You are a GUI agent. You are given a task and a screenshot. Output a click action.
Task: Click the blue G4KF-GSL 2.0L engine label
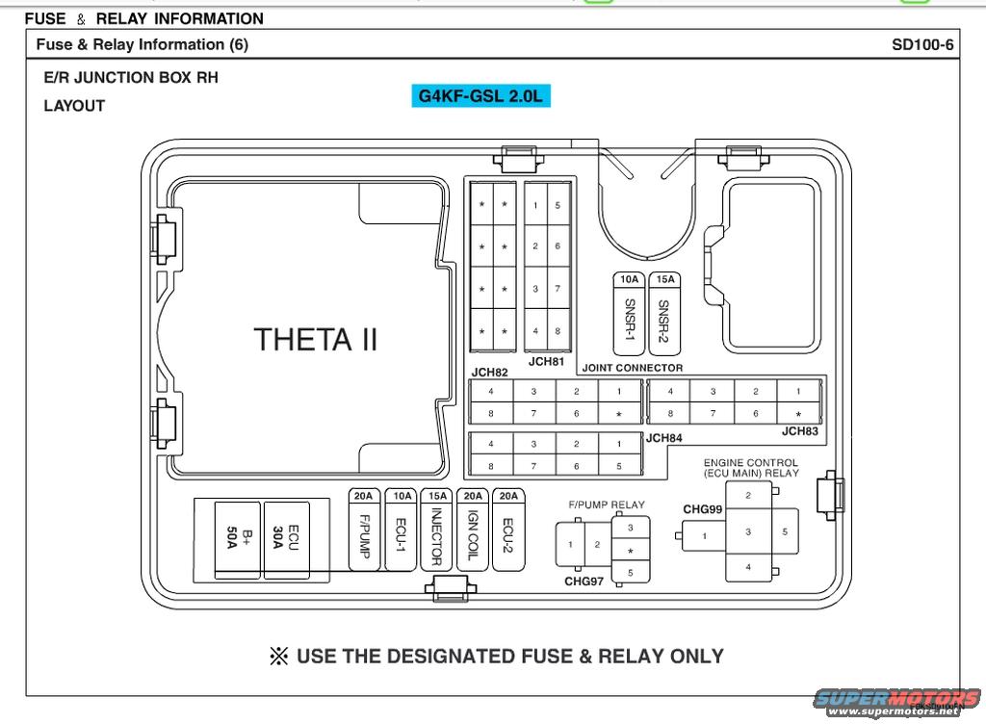[x=480, y=95]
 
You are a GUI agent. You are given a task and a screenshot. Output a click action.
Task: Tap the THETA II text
[x=316, y=339]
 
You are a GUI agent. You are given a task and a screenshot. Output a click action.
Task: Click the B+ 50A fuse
[x=236, y=539]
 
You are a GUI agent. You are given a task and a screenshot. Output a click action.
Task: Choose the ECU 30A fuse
[x=286, y=539]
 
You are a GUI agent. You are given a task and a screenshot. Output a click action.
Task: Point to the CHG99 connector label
[x=702, y=508]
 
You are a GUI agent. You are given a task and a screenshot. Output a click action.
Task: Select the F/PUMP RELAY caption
[x=607, y=504]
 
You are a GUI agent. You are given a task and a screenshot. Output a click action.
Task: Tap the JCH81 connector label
[x=546, y=362]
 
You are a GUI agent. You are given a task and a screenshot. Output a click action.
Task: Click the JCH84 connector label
[x=663, y=438]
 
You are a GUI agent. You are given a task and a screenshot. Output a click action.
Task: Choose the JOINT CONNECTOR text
[x=633, y=368]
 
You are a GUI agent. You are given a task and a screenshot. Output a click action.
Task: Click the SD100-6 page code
[x=922, y=44]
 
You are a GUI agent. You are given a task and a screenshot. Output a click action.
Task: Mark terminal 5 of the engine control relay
[x=785, y=531]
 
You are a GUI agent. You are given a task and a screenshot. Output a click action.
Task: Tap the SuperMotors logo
[x=896, y=701]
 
